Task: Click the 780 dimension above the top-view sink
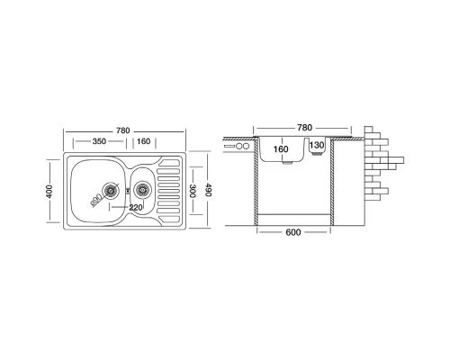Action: pyautogui.click(x=123, y=130)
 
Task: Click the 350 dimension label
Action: pyautogui.click(x=99, y=141)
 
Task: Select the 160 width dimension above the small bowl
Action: pyautogui.click(x=143, y=141)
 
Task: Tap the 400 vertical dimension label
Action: pyautogui.click(x=49, y=192)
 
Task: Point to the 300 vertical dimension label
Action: pyautogui.click(x=193, y=191)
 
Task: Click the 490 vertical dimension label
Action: pyautogui.click(x=209, y=190)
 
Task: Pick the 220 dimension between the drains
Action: pyautogui.click(x=136, y=207)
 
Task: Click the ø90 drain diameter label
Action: pyautogui.click(x=95, y=200)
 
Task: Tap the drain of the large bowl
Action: pyautogui.click(x=111, y=191)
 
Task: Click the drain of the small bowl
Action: pyautogui.click(x=141, y=190)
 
